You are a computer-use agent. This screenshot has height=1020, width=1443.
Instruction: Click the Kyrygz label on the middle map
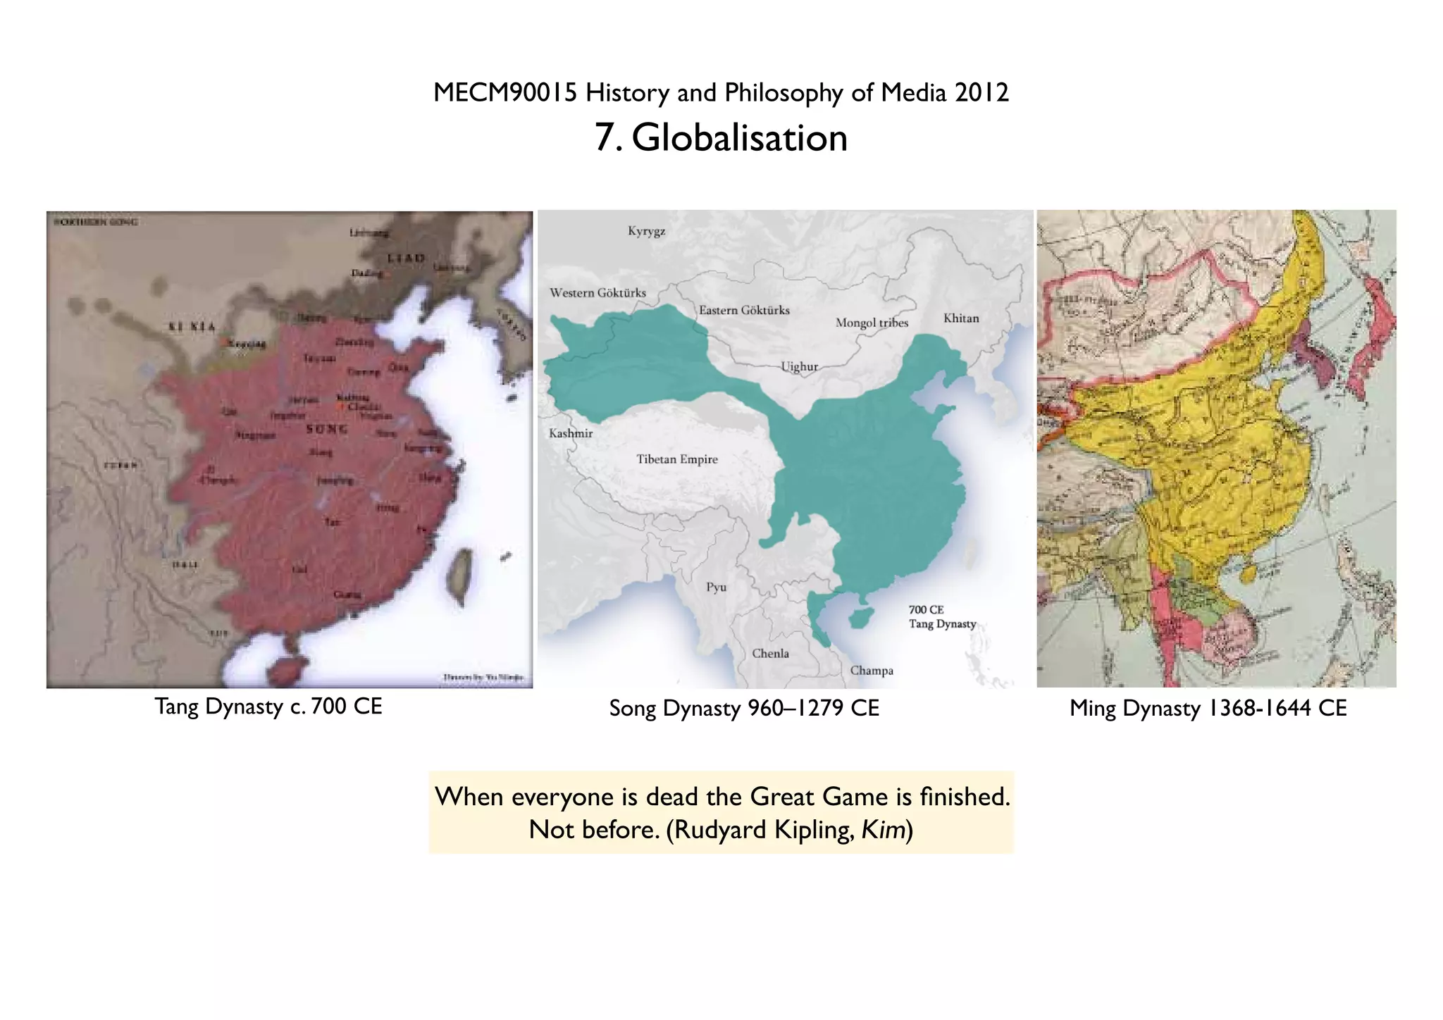[x=646, y=232]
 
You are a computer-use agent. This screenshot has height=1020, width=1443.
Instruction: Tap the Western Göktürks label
[x=597, y=293]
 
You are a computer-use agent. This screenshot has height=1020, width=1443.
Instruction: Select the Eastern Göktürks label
[x=744, y=311]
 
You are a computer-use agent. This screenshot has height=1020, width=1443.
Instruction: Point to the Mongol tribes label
[x=872, y=323]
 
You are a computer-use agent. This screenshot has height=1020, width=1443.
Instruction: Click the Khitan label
[x=961, y=318]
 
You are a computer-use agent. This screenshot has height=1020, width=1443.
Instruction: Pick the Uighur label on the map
[x=799, y=367]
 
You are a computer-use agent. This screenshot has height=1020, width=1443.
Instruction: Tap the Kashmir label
[x=571, y=434]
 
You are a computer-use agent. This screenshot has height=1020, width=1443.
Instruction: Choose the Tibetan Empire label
[x=677, y=460]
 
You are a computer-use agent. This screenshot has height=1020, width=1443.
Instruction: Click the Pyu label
[x=716, y=587]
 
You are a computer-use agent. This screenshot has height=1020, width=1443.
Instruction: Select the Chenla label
[x=770, y=654]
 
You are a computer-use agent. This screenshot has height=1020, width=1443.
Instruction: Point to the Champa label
[x=872, y=671]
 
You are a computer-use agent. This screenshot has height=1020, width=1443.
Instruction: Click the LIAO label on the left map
[x=407, y=258]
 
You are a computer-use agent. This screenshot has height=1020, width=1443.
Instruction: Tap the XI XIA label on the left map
[x=192, y=327]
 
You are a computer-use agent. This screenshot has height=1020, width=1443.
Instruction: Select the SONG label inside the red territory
[x=326, y=429]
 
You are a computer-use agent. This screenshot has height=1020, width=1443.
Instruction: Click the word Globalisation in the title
[x=739, y=137]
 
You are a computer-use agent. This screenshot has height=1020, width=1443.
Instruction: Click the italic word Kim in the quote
[x=884, y=830]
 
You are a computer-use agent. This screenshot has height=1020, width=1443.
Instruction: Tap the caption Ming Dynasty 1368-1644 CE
[x=1208, y=708]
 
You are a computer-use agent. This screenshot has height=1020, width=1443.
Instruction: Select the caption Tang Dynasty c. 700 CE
[x=268, y=707]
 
